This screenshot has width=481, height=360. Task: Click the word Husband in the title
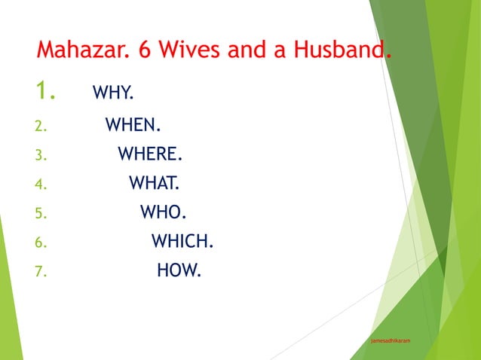click(336, 52)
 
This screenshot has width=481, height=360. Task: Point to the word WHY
click(112, 93)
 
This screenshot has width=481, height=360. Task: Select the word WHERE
click(150, 154)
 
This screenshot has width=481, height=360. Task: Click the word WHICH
click(182, 242)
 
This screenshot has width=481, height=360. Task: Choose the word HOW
click(179, 270)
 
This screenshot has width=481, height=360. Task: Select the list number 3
click(41, 156)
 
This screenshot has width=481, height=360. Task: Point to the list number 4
click(41, 185)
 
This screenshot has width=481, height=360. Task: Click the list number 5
click(41, 214)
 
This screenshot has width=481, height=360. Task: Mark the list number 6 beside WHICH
click(41, 243)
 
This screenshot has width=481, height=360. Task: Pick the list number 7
click(41, 272)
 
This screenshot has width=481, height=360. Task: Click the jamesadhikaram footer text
click(391, 341)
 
